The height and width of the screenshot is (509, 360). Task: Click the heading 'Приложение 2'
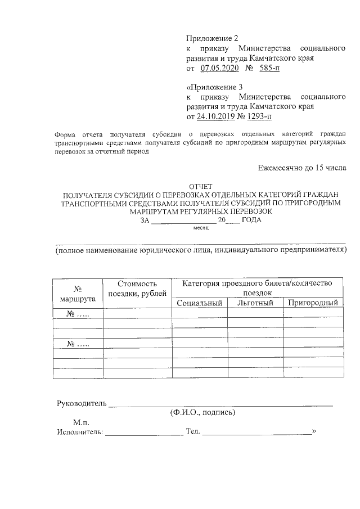[212, 38]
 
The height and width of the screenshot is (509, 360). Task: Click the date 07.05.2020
[219, 68]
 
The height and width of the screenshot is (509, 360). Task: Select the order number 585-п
[269, 68]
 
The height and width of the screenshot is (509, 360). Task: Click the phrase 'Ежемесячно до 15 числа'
[301, 167]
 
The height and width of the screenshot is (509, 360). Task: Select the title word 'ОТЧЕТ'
[202, 186]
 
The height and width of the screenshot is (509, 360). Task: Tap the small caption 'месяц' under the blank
[201, 227]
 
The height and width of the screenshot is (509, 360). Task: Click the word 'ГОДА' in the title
[251, 220]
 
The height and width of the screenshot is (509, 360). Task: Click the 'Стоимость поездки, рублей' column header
[137, 289]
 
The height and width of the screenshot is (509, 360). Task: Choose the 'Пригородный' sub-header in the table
[313, 303]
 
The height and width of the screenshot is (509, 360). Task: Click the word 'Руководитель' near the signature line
[82, 403]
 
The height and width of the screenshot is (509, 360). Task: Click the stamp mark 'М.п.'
[81, 422]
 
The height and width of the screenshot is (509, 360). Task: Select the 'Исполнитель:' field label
[80, 432]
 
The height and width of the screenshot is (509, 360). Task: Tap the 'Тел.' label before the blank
[192, 432]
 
